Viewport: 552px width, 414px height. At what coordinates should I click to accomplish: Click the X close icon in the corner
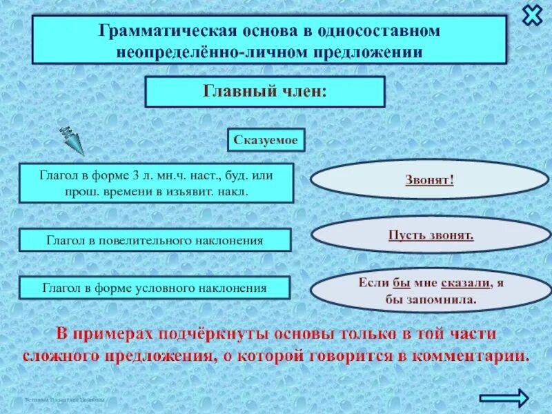[532, 15]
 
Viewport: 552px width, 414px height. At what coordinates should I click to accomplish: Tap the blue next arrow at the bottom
[504, 397]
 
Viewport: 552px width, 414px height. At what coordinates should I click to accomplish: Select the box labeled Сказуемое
[266, 140]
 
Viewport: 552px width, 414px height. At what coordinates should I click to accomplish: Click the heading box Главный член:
[264, 91]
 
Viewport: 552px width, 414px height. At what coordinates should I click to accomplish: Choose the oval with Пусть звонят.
[431, 235]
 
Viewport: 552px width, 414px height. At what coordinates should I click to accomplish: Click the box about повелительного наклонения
[155, 240]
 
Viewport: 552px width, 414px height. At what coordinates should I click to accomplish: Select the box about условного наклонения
[155, 288]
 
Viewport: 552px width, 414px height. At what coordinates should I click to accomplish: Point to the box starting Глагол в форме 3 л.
[156, 183]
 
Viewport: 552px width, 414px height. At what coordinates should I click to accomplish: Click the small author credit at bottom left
[64, 400]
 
